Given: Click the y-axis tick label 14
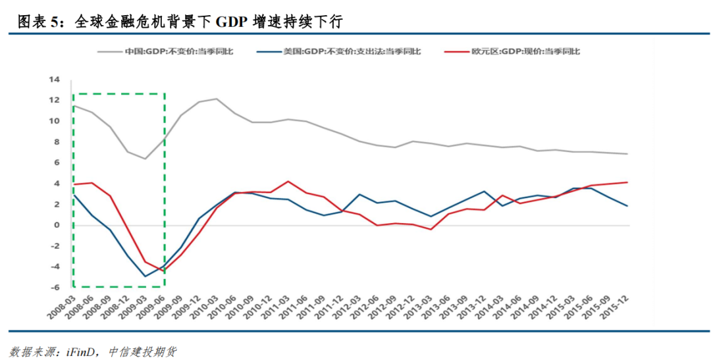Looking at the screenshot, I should [54, 80].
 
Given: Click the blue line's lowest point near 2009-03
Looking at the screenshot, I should [145, 276].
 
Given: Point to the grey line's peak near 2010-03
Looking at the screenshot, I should [217, 99].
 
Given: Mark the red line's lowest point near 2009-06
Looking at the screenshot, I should [163, 272].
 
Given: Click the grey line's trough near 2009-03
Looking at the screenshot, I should [145, 159].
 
